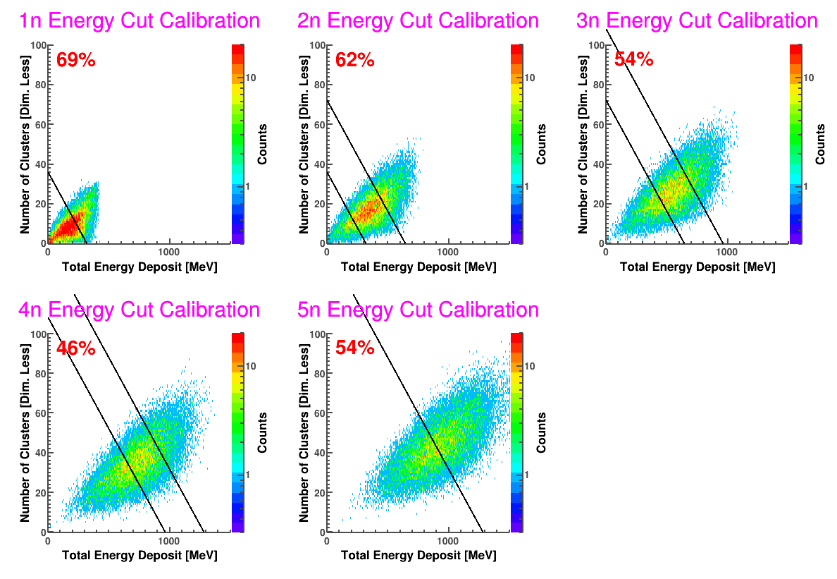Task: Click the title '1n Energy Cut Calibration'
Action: (139, 21)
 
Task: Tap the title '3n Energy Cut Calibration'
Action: (697, 21)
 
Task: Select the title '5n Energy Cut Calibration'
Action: (418, 310)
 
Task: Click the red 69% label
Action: (76, 60)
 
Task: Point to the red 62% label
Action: (355, 60)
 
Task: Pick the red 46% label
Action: (76, 348)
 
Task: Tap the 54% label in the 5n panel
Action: (355, 348)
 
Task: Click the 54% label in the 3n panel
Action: (633, 59)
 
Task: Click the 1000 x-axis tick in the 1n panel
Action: (168, 252)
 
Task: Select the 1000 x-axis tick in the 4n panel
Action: (168, 541)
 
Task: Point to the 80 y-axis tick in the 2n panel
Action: (319, 85)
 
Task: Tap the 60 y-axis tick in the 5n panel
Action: (319, 413)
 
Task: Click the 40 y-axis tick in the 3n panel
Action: (598, 164)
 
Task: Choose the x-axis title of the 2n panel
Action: (418, 267)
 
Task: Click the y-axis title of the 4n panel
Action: (25, 432)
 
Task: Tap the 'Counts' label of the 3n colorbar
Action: (820, 144)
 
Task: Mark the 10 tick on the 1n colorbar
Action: (250, 78)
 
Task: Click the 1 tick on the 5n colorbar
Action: (526, 475)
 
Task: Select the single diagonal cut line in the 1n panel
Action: (67, 207)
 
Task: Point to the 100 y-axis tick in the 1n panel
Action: (38, 45)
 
